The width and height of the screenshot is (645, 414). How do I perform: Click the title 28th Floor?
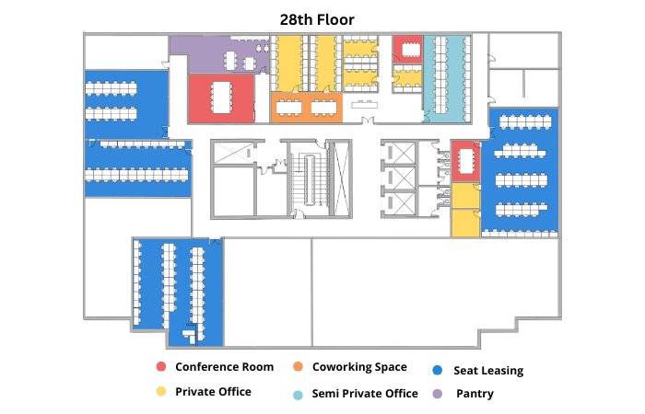coord(317,19)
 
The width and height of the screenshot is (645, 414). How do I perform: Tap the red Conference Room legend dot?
coord(161,366)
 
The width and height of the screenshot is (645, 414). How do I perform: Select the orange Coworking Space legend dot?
coord(298,366)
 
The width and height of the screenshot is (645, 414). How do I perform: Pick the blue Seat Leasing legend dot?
coord(438,370)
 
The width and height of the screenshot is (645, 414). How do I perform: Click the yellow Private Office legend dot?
coord(161,391)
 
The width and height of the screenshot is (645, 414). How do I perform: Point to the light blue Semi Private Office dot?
coord(298,395)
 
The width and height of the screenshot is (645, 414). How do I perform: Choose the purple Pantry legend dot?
coord(438,394)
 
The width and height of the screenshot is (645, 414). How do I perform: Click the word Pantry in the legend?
coord(475,394)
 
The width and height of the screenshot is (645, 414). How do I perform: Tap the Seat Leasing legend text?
coord(488,371)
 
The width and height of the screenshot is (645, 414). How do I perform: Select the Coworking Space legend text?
coord(359,367)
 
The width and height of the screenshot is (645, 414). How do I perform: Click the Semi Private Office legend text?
coord(365,394)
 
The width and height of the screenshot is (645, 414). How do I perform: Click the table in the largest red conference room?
coord(221,98)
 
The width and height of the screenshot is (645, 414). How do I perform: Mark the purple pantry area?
coord(219,54)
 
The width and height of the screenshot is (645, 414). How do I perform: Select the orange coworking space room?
coord(307,108)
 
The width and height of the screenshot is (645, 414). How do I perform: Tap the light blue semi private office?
coord(447,78)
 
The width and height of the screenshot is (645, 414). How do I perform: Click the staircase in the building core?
coord(311,179)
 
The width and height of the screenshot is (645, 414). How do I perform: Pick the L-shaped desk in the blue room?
coord(191,333)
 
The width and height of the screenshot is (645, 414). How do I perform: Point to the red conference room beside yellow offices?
coord(465,161)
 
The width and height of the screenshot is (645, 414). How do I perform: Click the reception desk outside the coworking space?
coord(364,105)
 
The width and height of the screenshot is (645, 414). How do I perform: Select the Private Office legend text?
coord(213,392)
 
